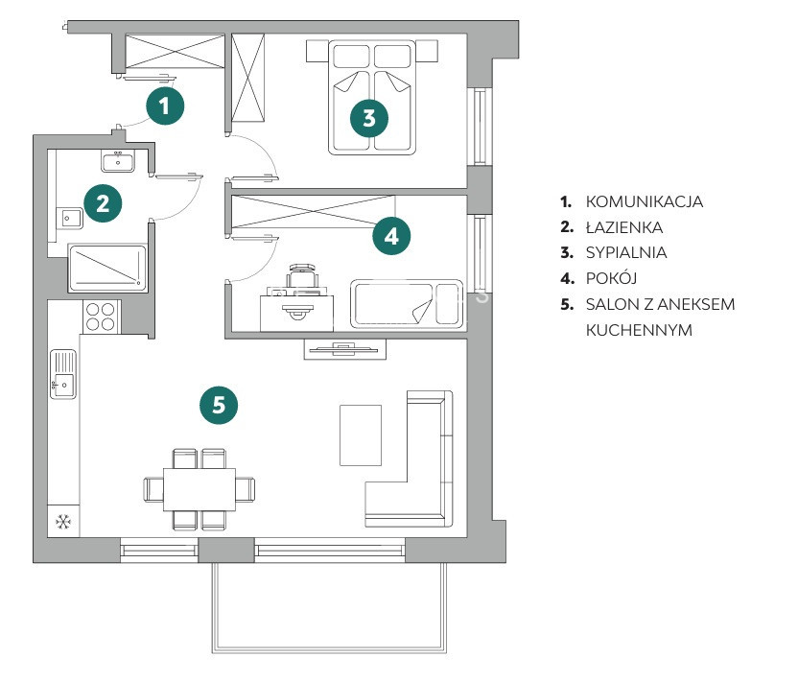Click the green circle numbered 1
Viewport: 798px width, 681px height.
(166, 106)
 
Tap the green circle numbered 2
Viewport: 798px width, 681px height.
(103, 202)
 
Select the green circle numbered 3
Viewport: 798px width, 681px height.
(370, 118)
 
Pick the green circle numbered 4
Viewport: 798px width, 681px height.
(390, 234)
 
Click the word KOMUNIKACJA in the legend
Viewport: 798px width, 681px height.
(644, 202)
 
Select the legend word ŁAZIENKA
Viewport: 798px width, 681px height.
(623, 228)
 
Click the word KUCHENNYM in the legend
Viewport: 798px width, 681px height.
(639, 330)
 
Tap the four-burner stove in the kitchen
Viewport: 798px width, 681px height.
(102, 316)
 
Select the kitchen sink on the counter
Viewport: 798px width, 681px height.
(63, 375)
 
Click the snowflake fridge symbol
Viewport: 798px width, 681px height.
(64, 523)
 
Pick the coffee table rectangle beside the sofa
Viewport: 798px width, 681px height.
(361, 435)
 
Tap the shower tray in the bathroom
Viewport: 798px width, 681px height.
(106, 268)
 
